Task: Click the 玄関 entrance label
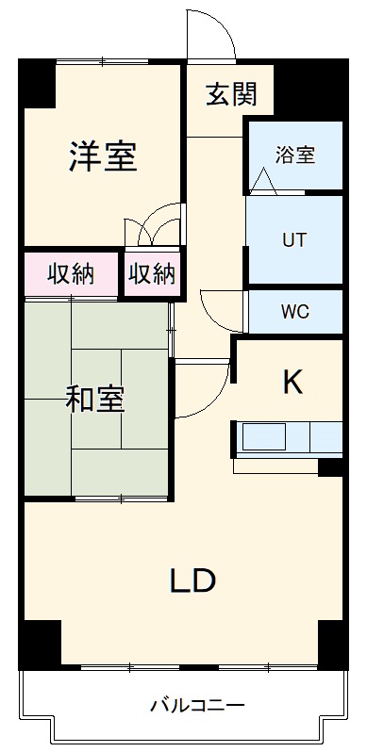[231, 94]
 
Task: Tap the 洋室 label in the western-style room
[103, 156]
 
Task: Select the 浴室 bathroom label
[294, 155]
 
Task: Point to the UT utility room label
[294, 238]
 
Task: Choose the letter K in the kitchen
[293, 382]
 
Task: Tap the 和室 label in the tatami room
[94, 399]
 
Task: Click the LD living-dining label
[192, 580]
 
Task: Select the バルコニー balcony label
[197, 705]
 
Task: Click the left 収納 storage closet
[72, 274]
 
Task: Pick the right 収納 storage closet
[152, 274]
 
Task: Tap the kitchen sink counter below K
[288, 439]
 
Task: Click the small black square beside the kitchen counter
[330, 466]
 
